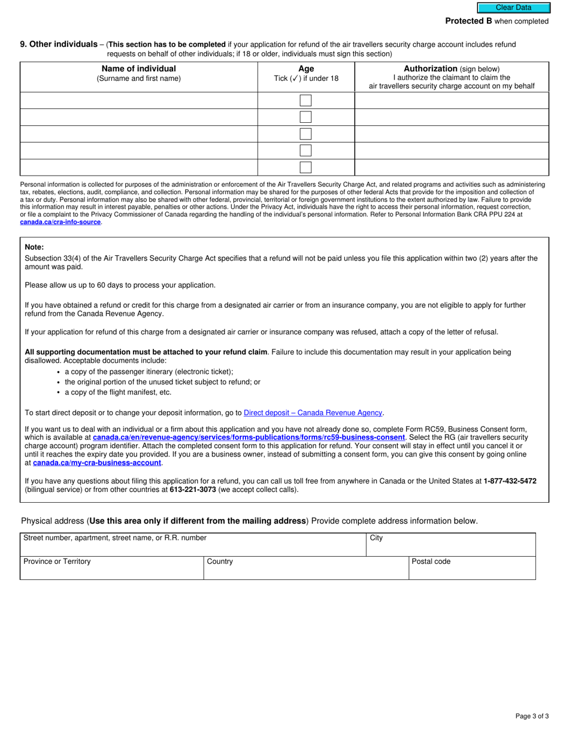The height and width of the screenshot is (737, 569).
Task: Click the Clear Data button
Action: tap(513, 8)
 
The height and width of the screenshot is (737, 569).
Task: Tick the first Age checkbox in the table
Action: tap(305, 101)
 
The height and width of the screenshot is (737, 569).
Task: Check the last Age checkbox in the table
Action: tap(305, 167)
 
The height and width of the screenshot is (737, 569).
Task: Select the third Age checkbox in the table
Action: tap(305, 134)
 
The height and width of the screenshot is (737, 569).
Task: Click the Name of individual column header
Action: tap(138, 69)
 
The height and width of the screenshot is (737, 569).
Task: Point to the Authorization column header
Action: tap(452, 69)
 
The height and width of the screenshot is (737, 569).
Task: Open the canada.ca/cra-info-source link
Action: tap(60, 222)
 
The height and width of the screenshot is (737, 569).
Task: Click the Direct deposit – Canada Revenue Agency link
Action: tap(313, 413)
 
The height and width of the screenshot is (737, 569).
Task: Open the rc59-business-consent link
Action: tap(249, 437)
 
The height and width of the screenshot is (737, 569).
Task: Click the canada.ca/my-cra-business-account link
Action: tap(97, 463)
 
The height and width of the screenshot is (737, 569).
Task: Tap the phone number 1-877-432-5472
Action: tap(510, 481)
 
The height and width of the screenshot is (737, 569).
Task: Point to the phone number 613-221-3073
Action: tap(192, 490)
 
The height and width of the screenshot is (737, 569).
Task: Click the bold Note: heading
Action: tap(34, 247)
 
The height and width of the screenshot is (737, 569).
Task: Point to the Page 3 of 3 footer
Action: tap(532, 716)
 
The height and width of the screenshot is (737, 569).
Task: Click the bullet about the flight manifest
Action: tap(118, 392)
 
